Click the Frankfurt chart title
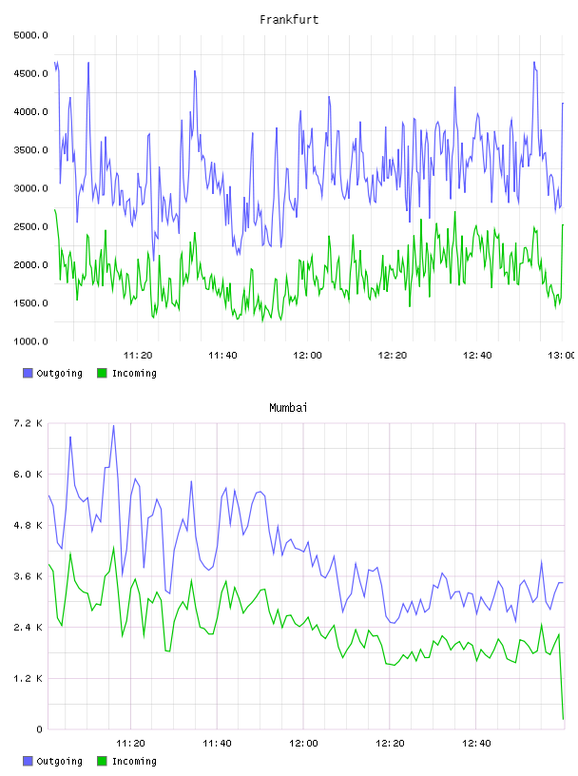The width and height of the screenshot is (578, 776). click(289, 20)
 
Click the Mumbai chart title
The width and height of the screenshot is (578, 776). click(288, 408)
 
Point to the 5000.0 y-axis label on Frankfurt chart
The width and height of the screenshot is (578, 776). click(31, 35)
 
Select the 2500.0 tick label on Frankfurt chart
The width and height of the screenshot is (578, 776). click(31, 226)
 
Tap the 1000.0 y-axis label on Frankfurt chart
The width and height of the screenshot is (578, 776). click(31, 341)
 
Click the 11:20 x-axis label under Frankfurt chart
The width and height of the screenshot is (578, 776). click(138, 356)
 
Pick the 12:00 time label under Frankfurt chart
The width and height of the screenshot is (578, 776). click(307, 356)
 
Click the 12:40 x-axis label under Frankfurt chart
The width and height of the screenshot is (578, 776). click(477, 356)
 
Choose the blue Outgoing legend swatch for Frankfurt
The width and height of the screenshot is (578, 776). click(28, 373)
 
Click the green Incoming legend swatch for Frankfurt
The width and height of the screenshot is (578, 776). click(102, 373)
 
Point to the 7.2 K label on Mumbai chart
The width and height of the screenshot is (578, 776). click(29, 423)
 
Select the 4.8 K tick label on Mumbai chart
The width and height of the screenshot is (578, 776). click(29, 526)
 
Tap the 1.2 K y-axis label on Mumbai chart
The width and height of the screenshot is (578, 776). click(29, 678)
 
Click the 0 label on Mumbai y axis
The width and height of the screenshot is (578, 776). click(39, 729)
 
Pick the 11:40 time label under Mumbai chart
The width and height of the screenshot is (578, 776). click(218, 744)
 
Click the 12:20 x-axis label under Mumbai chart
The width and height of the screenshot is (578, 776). click(390, 744)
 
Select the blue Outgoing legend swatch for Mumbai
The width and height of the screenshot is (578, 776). click(28, 761)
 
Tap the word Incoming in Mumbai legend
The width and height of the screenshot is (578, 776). click(134, 762)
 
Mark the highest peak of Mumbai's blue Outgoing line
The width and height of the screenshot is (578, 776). click(113, 426)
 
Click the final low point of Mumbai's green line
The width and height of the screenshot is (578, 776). click(563, 719)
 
